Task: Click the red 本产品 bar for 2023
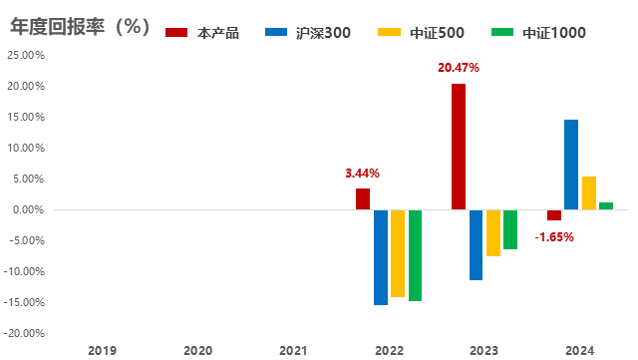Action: pos(459,147)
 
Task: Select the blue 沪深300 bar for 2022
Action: pos(381,257)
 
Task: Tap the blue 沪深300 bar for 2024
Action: pos(571,165)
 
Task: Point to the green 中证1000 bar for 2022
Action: pos(416,255)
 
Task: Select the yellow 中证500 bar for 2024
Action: pos(589,193)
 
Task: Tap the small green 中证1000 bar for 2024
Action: pos(606,205)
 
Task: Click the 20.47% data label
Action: pos(459,69)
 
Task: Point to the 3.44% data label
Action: pos(363,174)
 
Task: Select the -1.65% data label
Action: pos(554,236)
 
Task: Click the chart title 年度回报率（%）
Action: pos(80,28)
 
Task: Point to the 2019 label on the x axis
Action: pos(102,350)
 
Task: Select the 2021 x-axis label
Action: pos(293,350)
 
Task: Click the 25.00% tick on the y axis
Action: pos(26,56)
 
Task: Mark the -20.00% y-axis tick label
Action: pos(25,333)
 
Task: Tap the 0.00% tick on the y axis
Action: pos(28,210)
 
